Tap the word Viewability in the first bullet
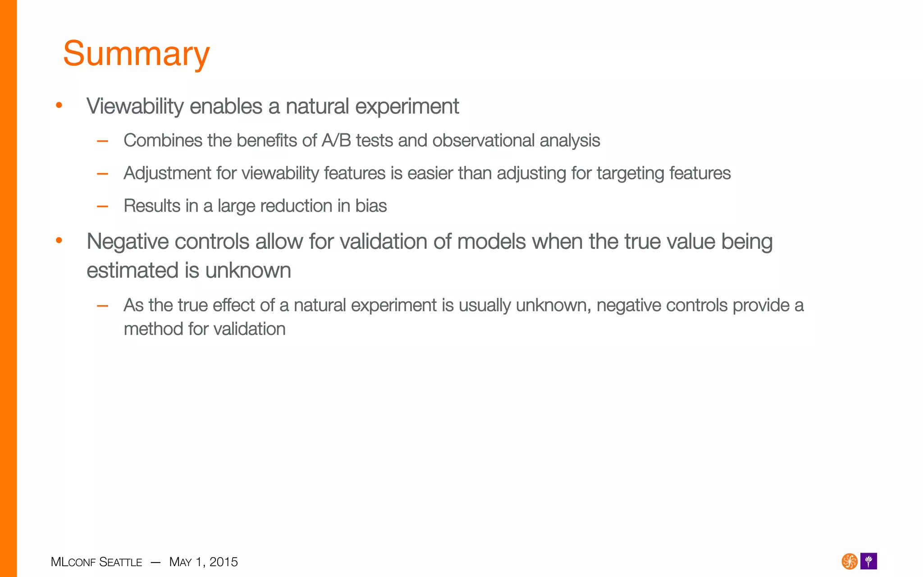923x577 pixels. pyautogui.click(x=135, y=107)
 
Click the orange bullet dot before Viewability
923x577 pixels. pyautogui.click(x=59, y=105)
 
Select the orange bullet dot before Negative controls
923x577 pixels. pyautogui.click(x=59, y=241)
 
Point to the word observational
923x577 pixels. pyautogui.click(x=483, y=141)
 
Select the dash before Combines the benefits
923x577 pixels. pyautogui.click(x=103, y=141)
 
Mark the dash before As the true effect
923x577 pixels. pyautogui.click(x=103, y=306)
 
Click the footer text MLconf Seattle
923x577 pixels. pyautogui.click(x=96, y=562)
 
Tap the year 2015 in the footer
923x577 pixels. pyautogui.click(x=224, y=562)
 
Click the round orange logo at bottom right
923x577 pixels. pyautogui.click(x=849, y=562)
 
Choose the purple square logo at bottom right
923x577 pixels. pyautogui.click(x=868, y=562)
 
